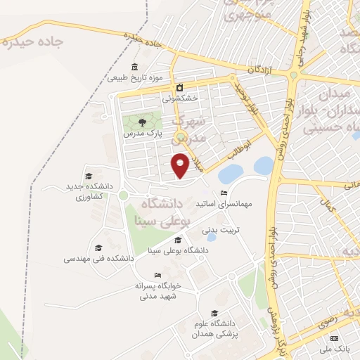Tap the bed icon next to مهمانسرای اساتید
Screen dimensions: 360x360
coord(224,193)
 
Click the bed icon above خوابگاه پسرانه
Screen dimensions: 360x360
coord(157,275)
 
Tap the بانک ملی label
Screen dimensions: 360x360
coord(328,348)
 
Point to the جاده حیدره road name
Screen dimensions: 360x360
coord(34,41)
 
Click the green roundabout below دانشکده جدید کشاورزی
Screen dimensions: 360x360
coord(123,195)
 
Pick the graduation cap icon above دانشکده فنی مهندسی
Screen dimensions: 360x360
coord(98,247)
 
